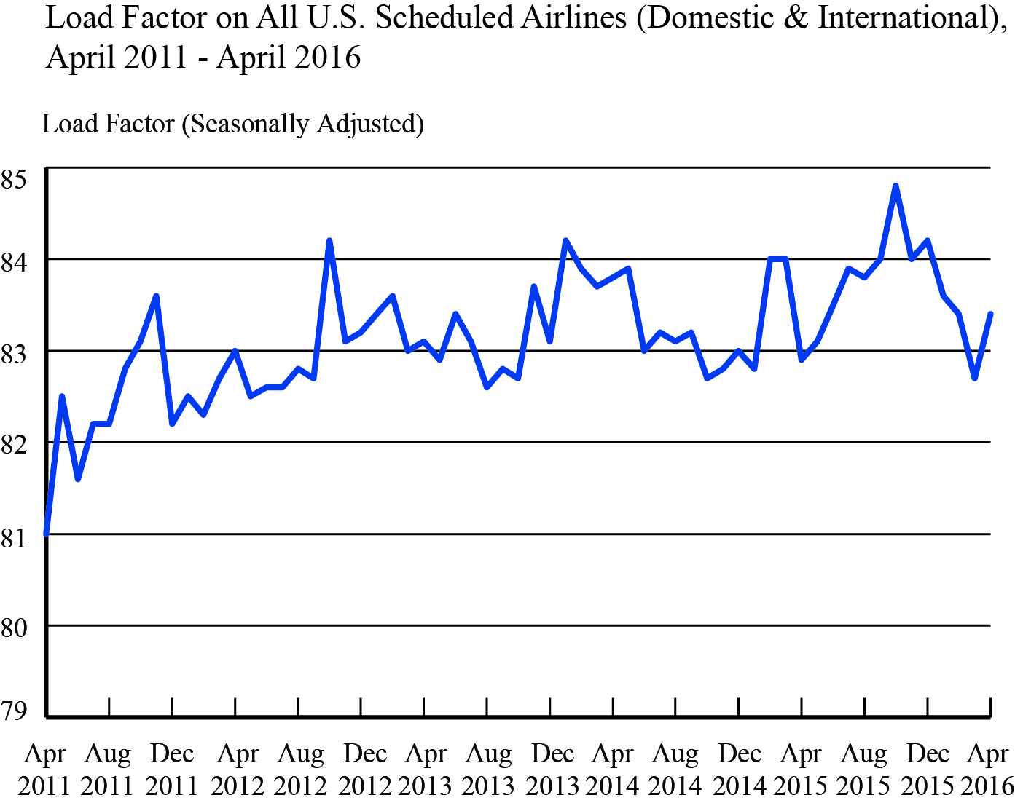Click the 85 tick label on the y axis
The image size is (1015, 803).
(14, 178)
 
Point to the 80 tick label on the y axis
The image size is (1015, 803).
(14, 628)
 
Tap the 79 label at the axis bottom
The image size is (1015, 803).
(14, 711)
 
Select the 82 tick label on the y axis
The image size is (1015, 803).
(14, 444)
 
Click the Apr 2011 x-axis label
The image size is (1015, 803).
(44, 770)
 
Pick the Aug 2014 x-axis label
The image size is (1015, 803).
(675, 770)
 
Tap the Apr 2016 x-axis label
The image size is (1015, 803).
(987, 770)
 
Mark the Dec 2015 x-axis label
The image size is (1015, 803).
(928, 770)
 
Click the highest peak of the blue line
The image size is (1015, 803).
(896, 186)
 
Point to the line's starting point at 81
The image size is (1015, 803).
(47, 534)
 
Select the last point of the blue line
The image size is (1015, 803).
(990, 314)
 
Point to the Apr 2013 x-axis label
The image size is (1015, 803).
(426, 770)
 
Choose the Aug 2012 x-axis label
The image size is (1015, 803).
(300, 770)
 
